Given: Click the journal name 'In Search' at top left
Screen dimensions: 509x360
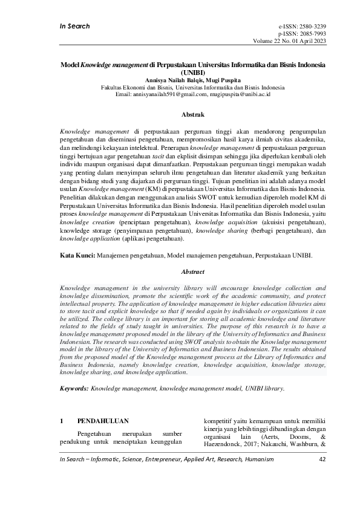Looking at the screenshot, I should click(x=74, y=26).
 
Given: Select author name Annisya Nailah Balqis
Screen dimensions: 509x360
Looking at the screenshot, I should click(x=171, y=79).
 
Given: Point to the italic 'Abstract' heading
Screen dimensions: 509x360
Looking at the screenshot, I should click(x=193, y=272).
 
